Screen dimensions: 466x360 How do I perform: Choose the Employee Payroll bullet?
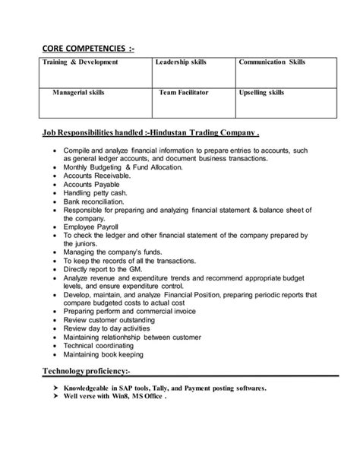pyautogui.click(x=94, y=246)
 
